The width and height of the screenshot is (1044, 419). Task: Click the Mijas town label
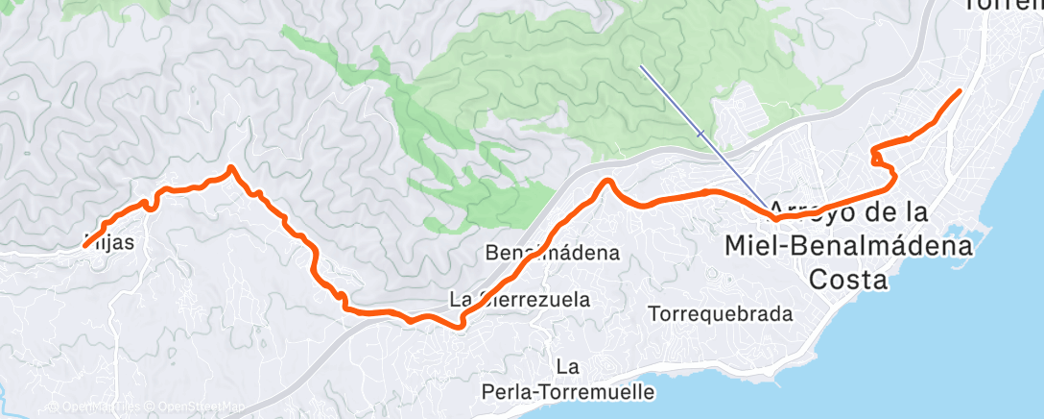click(x=108, y=243)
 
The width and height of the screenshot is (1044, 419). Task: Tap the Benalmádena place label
click(x=552, y=254)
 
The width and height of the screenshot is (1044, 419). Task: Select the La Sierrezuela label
click(x=520, y=300)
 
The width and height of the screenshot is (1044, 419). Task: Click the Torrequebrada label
click(x=720, y=314)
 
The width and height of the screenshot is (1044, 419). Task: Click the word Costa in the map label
click(x=848, y=279)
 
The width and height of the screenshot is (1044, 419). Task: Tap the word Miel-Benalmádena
click(x=849, y=245)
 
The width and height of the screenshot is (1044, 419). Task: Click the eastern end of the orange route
click(x=960, y=91)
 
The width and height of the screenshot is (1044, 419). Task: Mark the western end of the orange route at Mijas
click(x=85, y=246)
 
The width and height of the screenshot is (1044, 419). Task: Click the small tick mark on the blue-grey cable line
click(x=701, y=133)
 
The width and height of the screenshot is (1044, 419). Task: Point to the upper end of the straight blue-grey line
click(x=641, y=66)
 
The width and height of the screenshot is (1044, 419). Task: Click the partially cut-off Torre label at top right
click(x=1003, y=5)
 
